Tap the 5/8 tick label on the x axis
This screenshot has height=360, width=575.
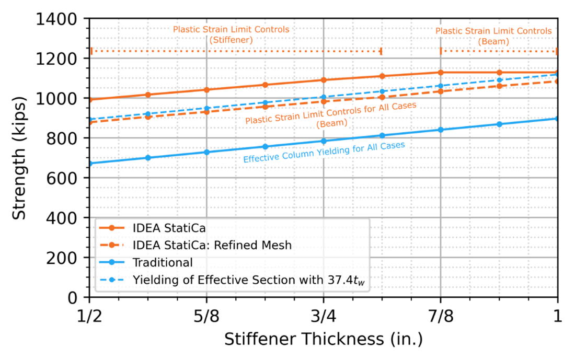pyautogui.click(x=206, y=316)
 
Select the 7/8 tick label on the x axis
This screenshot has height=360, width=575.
pyautogui.click(x=440, y=316)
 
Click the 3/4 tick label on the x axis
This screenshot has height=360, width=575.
pyautogui.click(x=324, y=316)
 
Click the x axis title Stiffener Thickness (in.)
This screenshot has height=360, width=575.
pyautogui.click(x=324, y=339)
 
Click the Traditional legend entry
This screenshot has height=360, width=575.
pyautogui.click(x=163, y=262)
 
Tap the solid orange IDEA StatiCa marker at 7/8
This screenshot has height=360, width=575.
pyautogui.click(x=441, y=73)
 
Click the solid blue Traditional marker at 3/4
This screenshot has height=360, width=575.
pyautogui.click(x=324, y=141)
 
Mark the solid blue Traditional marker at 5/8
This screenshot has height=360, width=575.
pyautogui.click(x=206, y=152)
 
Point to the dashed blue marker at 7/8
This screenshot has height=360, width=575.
pyautogui.click(x=441, y=86)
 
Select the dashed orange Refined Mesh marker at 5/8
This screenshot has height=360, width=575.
pyautogui.click(x=206, y=112)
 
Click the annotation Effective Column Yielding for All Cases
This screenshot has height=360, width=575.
pyautogui.click(x=324, y=152)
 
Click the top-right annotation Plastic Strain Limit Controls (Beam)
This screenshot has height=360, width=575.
pyautogui.click(x=493, y=36)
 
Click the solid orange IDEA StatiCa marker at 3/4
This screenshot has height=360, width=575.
pyautogui.click(x=324, y=80)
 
